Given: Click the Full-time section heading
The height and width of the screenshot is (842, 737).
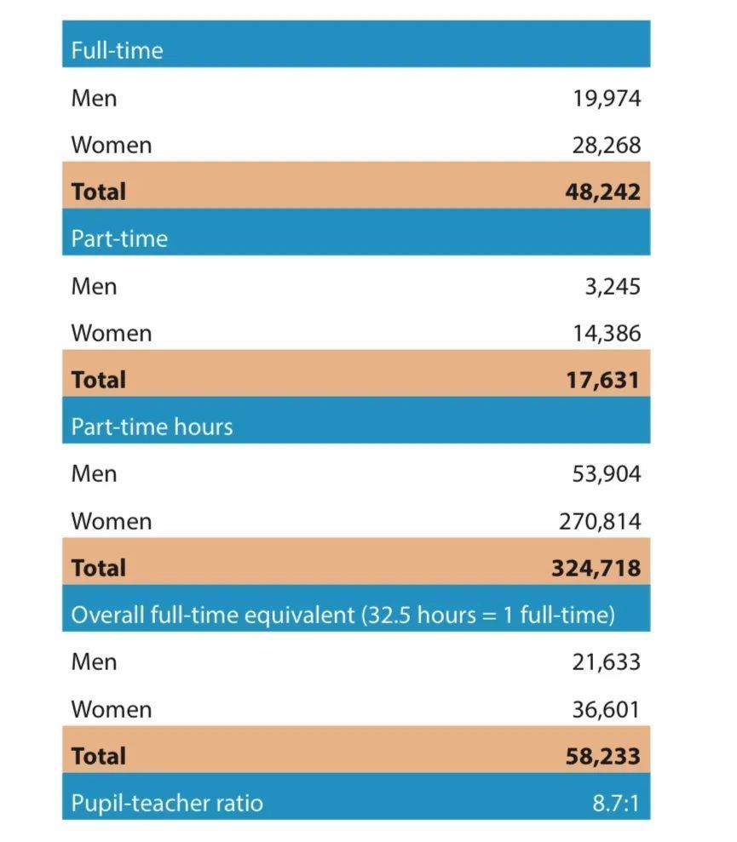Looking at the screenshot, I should [x=117, y=50].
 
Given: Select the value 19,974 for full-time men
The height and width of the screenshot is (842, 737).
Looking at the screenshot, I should [x=606, y=99].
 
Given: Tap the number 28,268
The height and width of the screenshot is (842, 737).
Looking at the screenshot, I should [x=606, y=146].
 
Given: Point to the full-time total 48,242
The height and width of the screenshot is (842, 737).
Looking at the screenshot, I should [x=602, y=192].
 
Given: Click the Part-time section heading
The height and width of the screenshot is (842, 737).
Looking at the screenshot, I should [x=119, y=238].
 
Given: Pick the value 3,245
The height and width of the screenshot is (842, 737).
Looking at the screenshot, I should [x=612, y=287].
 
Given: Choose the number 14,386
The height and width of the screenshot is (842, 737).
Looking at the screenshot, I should [x=606, y=334].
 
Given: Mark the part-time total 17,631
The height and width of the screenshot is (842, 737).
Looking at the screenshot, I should [x=602, y=380].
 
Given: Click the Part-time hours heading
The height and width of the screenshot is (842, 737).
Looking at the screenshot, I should [x=152, y=427].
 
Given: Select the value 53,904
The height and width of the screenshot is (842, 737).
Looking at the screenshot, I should [x=606, y=474].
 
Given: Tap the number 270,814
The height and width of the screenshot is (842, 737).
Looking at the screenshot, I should [x=600, y=521].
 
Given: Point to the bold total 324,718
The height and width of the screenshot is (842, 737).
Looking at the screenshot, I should [x=596, y=568].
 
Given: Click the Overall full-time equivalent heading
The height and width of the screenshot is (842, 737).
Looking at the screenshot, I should [x=343, y=615].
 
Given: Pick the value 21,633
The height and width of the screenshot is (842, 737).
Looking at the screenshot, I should [x=606, y=662].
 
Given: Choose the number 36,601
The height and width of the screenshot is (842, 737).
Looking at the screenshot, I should [x=606, y=709].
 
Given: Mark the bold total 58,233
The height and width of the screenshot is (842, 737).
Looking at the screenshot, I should [x=602, y=756].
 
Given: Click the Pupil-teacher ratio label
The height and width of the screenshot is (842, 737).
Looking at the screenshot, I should [x=167, y=803].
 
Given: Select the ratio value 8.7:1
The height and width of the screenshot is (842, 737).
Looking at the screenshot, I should [x=615, y=803].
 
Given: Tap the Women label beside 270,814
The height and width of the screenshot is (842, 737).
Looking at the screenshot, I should [x=112, y=521].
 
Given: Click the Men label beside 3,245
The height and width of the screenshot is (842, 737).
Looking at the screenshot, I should [x=94, y=287].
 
